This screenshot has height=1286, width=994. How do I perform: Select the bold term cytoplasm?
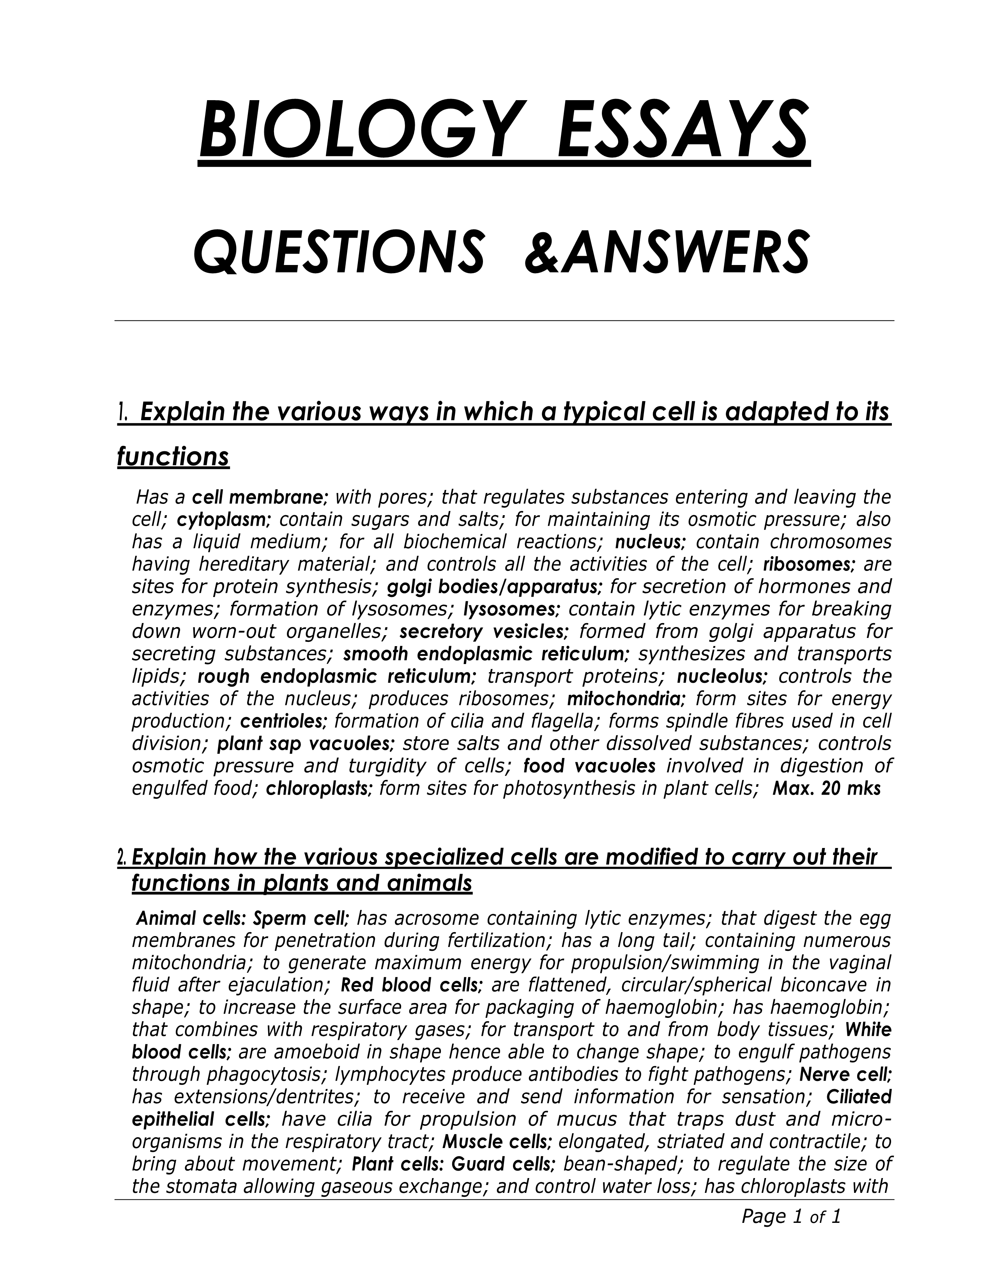[223, 520]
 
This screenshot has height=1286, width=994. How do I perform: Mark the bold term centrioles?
[284, 721]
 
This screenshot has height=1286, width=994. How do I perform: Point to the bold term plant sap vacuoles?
[306, 744]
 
